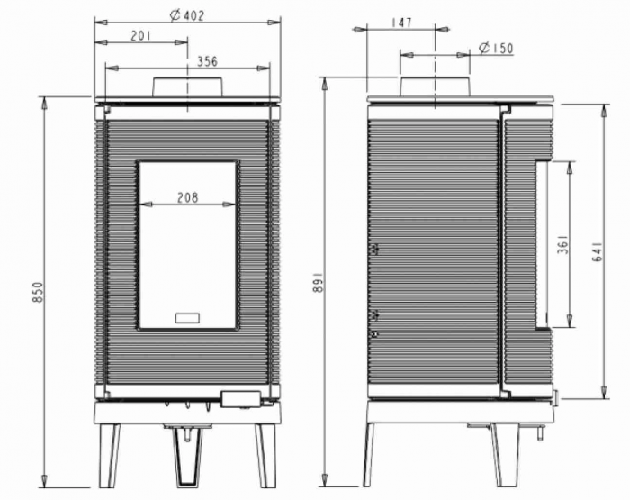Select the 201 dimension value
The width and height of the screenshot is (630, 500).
click(x=139, y=35)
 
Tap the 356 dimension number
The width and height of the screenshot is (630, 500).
click(x=206, y=61)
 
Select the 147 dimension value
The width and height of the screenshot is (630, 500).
click(x=402, y=23)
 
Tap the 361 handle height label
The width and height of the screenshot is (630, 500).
click(x=562, y=245)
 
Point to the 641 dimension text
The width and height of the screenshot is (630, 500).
click(x=596, y=251)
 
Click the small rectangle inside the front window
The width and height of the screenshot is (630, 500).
click(x=188, y=317)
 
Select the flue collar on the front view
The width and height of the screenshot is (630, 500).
click(x=187, y=86)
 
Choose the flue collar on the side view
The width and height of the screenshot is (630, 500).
click(x=434, y=86)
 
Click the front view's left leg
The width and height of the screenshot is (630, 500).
click(x=110, y=455)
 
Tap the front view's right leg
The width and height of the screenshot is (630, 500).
click(x=265, y=455)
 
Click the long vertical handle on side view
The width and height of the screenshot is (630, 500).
click(x=541, y=243)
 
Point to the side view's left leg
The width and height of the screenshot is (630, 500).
click(x=368, y=455)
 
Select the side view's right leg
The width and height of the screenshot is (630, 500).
click(x=502, y=455)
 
